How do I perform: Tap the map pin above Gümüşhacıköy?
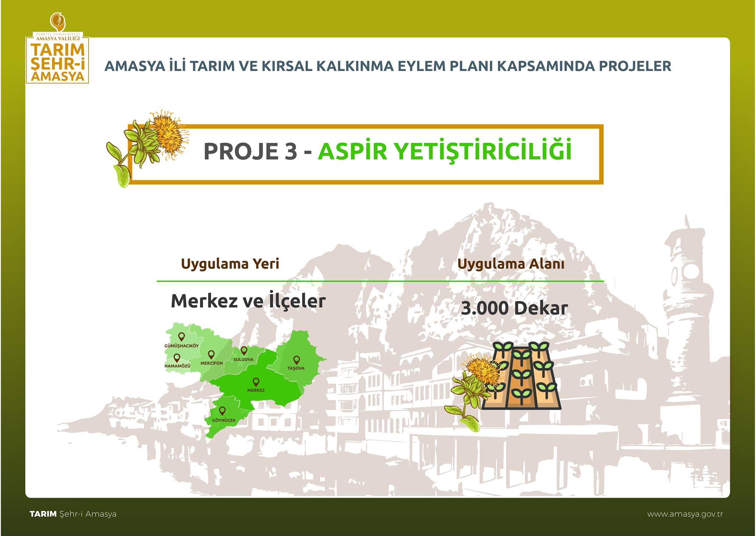181,337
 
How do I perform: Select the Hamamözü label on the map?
177,366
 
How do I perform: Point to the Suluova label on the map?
244,359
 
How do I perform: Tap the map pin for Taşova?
296,360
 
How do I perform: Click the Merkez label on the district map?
256,390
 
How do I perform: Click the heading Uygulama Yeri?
230,264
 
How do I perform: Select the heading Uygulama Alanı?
511,264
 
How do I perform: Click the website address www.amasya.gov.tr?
685,514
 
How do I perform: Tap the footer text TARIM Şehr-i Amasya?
73,514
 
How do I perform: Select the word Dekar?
541,309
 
